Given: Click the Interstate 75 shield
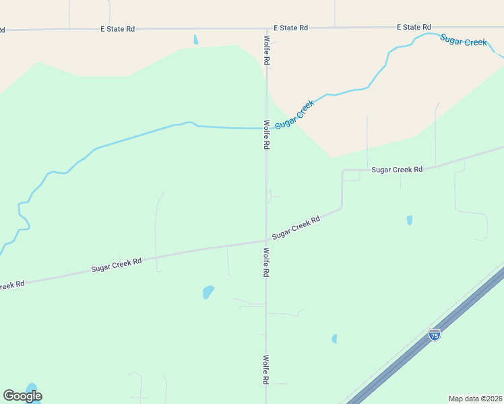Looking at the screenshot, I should click(x=435, y=335).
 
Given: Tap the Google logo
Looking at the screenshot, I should click(x=22, y=396).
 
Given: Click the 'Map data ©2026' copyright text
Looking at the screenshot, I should click(x=475, y=398).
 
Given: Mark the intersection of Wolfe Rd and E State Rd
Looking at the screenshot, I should click(x=267, y=28).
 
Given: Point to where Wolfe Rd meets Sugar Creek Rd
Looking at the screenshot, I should click(x=266, y=240).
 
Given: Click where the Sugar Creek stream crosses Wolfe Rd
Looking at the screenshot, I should click(x=266, y=127).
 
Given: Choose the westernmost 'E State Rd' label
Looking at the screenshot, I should click(x=118, y=28).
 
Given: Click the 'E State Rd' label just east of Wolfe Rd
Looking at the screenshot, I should click(x=291, y=28).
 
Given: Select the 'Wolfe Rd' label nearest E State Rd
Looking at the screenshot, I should click(x=267, y=50).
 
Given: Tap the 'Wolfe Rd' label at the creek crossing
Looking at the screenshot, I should click(x=267, y=135).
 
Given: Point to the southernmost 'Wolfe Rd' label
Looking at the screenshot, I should click(x=266, y=370).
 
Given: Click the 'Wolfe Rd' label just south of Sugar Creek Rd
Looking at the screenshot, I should click(x=266, y=263).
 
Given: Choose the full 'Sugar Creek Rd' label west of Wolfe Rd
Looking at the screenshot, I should click(x=117, y=265).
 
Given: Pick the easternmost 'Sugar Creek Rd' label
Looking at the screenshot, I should click(x=397, y=170).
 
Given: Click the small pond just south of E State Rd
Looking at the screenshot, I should click(x=196, y=40).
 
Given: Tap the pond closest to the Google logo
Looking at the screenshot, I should click(x=32, y=388).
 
